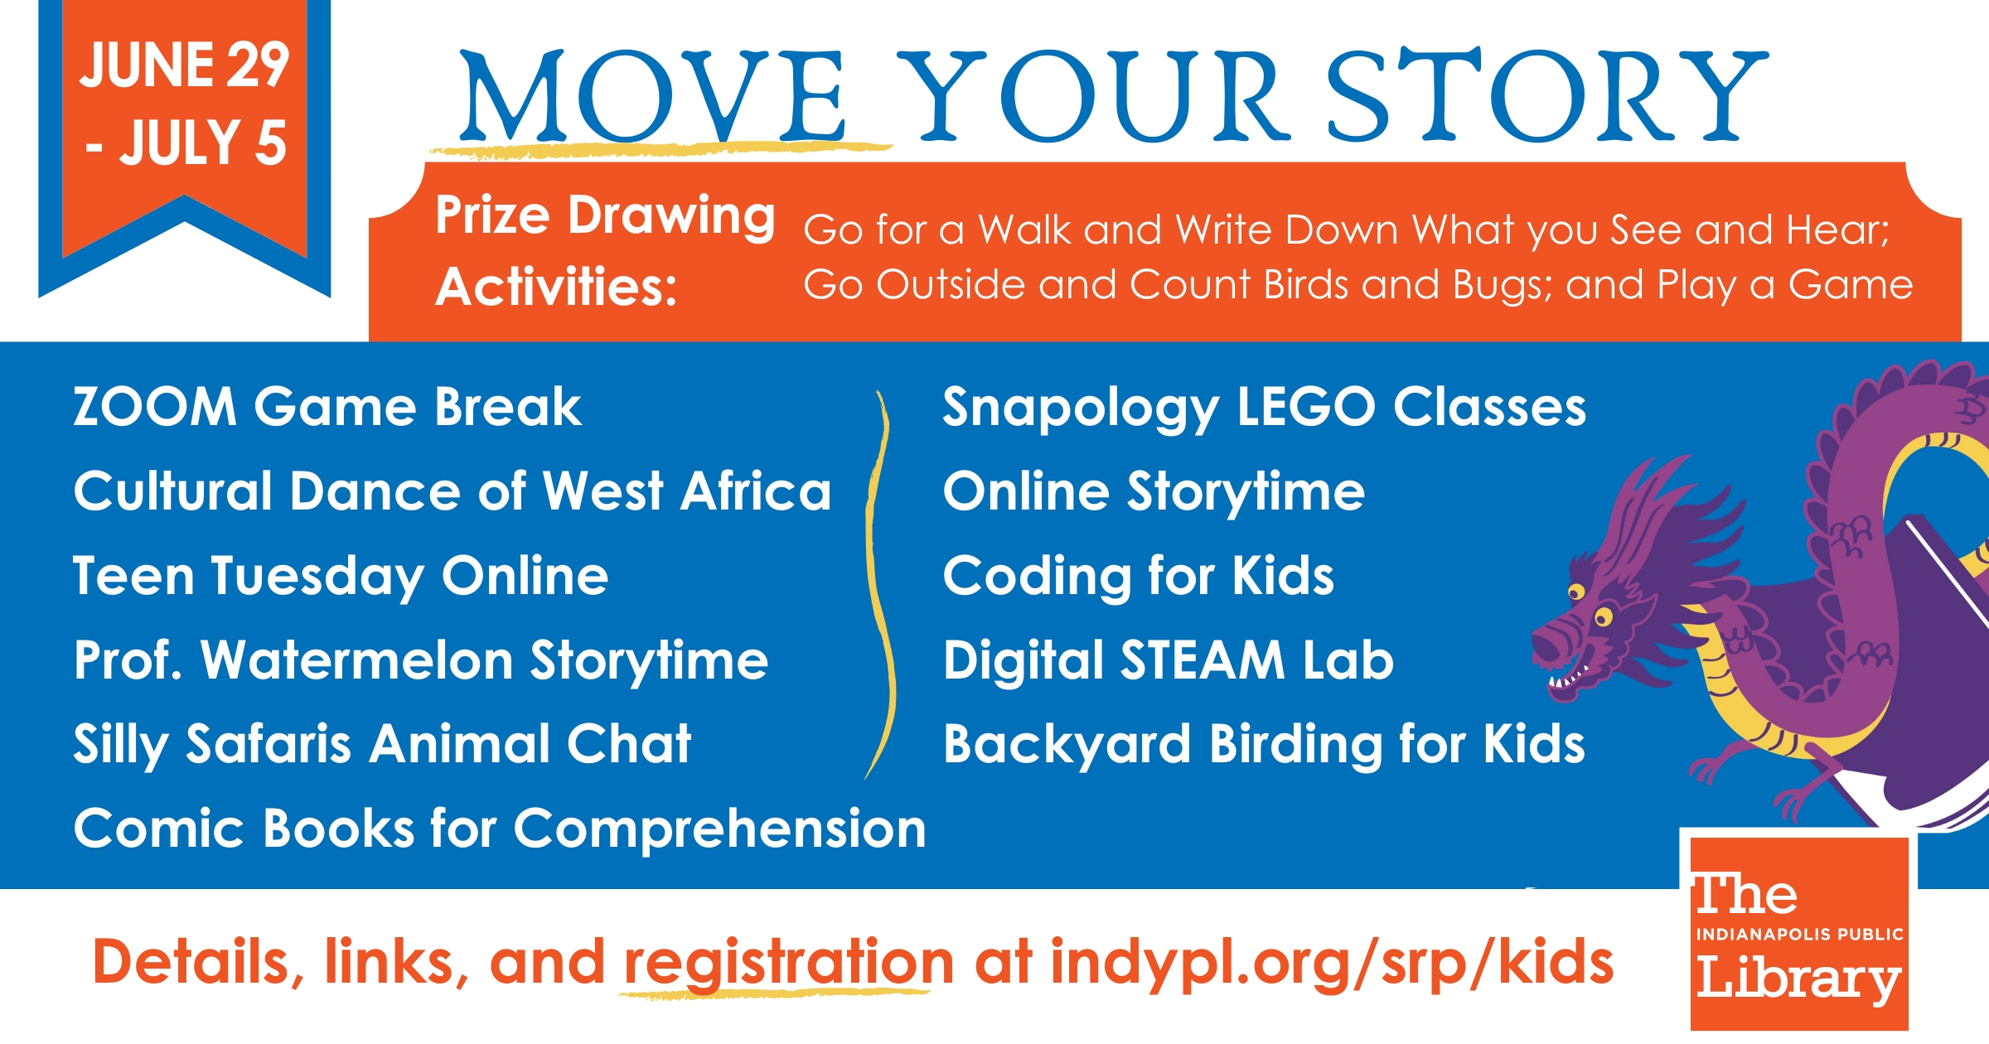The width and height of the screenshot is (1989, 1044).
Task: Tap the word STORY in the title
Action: point(1547,94)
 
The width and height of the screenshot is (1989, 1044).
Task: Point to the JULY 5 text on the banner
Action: point(186,143)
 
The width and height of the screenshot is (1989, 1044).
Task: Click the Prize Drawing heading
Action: point(605,215)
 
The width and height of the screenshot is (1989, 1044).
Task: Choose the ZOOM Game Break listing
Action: point(327,407)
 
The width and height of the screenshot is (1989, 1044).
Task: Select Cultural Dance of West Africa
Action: point(452,491)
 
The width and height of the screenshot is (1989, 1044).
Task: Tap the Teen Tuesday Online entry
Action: point(341,577)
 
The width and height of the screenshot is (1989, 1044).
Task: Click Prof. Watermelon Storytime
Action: point(421,661)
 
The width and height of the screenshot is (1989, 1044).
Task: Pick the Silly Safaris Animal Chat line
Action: point(382,744)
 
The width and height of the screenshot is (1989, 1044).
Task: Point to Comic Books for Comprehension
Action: point(500,829)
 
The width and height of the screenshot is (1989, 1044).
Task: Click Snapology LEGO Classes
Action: point(1265,408)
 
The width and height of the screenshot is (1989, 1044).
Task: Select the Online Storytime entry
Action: point(1154,492)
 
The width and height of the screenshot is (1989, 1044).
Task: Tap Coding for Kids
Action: point(1139,576)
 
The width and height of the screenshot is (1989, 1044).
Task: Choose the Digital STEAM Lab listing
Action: point(1169,660)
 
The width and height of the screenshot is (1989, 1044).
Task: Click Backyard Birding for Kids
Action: point(1265,744)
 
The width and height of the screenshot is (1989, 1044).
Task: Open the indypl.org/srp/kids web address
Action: point(1332,963)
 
